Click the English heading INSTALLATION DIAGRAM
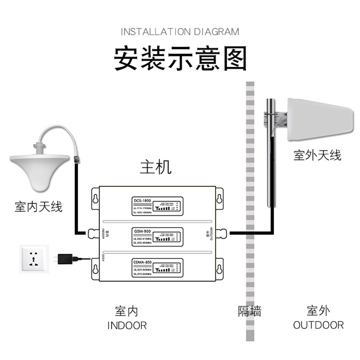point(180,31)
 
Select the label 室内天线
point(38,207)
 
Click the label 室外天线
point(317,156)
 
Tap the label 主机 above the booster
point(156,167)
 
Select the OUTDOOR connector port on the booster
point(221,233)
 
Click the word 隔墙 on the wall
point(249,311)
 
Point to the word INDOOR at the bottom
point(127,325)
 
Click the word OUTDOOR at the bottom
point(318,325)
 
